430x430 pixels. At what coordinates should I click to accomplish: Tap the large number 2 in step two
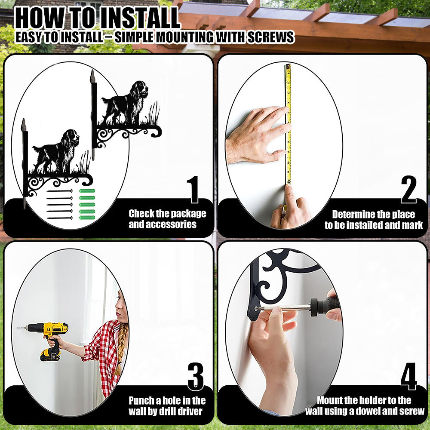tap(408, 190)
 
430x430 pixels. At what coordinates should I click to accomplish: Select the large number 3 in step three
tap(196, 377)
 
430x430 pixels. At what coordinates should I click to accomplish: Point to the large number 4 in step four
tap(408, 377)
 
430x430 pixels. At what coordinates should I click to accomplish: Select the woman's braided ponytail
tap(121, 348)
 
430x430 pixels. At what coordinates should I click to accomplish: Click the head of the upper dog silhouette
tap(141, 88)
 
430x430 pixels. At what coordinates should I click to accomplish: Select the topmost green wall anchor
tap(87, 191)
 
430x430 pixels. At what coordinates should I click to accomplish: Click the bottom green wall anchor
tap(87, 218)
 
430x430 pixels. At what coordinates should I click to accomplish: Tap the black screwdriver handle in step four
tap(325, 306)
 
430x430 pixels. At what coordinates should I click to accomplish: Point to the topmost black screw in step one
tap(59, 190)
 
